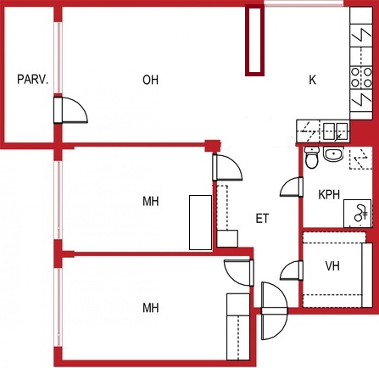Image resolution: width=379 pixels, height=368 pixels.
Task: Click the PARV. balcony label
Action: coord(33,80)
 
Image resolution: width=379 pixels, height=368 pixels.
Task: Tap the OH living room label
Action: coord(150,80)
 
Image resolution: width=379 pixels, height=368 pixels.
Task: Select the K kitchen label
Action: coord(312,80)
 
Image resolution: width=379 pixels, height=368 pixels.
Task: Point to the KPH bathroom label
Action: coord(329,195)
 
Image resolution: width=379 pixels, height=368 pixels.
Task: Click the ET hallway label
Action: coord(262,219)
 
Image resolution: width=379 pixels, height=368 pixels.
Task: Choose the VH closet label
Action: coord(332,266)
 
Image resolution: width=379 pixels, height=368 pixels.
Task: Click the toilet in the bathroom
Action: coord(312,158)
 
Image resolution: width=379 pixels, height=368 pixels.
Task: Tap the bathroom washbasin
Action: coord(333,154)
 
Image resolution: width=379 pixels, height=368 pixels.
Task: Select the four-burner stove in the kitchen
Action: coord(361,77)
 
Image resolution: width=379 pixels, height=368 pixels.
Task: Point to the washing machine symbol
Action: coord(358,214)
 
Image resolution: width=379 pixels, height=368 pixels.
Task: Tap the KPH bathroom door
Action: coord(291,187)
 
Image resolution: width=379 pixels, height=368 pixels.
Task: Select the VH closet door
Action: coord(291,270)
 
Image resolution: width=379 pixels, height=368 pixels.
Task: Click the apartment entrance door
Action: coord(274,311)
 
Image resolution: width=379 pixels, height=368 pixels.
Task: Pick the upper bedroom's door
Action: coord(227,168)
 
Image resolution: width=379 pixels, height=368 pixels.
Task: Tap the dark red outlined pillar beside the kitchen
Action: coord(254,41)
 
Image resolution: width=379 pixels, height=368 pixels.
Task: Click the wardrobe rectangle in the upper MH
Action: coord(200,222)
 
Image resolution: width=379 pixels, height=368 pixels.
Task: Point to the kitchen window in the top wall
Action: coord(304,3)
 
